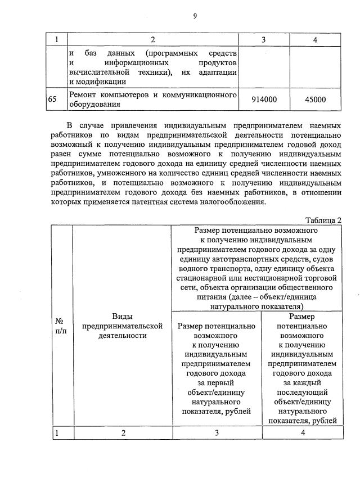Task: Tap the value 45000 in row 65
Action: pos(315,99)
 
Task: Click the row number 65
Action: pos(52,99)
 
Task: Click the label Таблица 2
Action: pos(323,220)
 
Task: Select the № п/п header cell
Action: pos(61,326)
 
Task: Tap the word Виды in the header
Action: pos(122,317)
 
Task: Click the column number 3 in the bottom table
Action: pos(216,433)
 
